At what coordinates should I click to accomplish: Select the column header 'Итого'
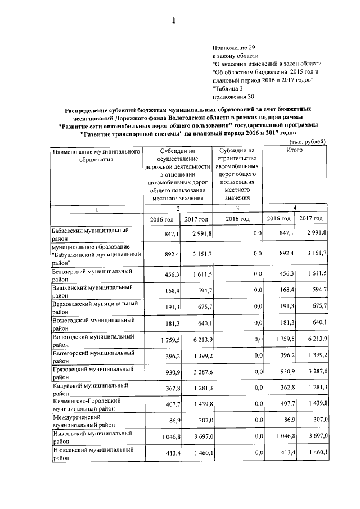294,151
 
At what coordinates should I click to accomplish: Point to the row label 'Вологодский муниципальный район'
92,340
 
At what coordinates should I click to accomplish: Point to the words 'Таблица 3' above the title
228,88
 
